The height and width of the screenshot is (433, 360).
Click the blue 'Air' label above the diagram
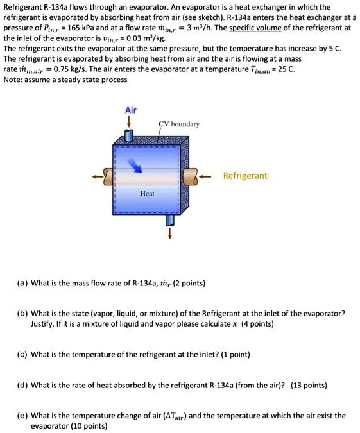coord(130,110)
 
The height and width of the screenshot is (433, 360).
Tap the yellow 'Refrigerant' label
coord(245,176)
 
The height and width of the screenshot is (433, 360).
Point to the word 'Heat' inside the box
coord(147,192)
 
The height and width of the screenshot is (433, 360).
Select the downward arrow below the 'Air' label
coord(130,121)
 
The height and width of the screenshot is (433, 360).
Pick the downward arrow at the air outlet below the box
coord(170,233)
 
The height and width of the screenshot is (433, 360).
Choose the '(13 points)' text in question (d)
coord(309,386)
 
